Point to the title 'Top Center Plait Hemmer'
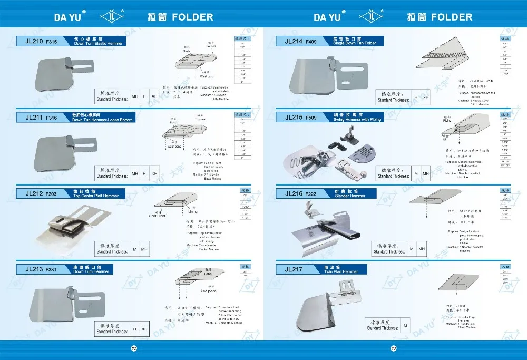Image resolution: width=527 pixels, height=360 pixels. [x=96, y=195]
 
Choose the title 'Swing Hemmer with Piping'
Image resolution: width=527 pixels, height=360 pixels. [x=358, y=119]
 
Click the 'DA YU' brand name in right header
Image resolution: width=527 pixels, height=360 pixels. [x=327, y=17]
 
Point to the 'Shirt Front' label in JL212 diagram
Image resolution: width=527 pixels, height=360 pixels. [x=157, y=215]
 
